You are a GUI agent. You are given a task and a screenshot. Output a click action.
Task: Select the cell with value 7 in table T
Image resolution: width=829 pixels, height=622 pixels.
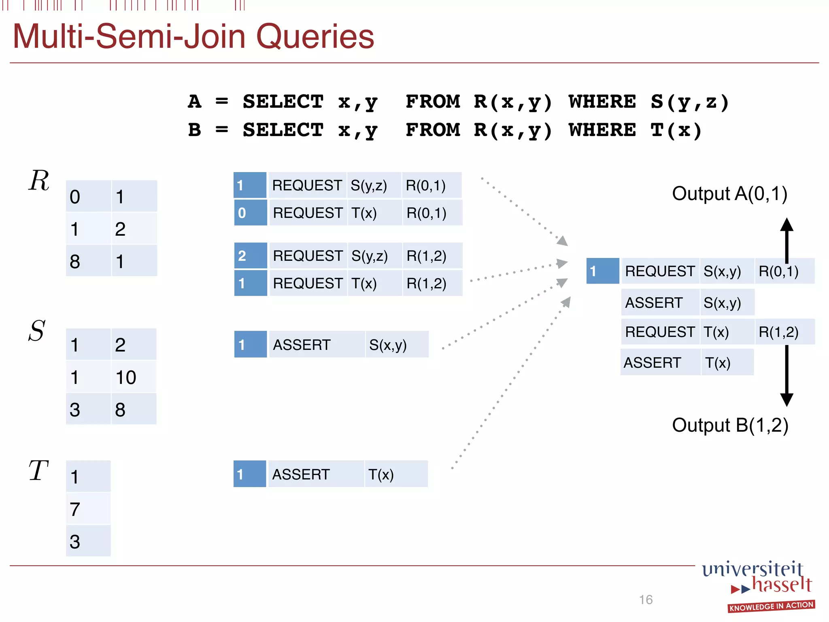(x=88, y=509)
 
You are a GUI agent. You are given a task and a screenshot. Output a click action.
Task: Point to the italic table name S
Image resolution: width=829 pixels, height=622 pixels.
(x=37, y=331)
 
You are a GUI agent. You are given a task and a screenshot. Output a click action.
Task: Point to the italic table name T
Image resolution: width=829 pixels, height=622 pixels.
(x=38, y=471)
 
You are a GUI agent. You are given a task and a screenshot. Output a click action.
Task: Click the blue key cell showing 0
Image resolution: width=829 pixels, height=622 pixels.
(x=250, y=213)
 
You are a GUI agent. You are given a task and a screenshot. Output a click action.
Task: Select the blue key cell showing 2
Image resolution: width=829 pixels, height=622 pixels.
(x=250, y=256)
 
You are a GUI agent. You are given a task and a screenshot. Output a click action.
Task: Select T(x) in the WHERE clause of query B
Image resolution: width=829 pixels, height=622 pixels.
(x=676, y=130)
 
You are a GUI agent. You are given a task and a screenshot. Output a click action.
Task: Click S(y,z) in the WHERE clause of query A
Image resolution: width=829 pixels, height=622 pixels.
(x=689, y=102)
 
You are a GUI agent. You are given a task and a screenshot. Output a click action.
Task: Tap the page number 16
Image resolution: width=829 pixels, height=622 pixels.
(x=646, y=599)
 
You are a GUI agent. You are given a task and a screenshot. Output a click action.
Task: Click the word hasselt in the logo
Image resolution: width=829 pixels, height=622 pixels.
(x=782, y=585)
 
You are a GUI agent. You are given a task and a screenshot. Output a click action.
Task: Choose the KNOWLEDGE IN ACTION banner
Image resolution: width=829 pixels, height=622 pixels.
(x=771, y=606)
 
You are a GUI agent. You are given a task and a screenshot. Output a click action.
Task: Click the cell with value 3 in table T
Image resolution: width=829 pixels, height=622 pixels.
(x=88, y=541)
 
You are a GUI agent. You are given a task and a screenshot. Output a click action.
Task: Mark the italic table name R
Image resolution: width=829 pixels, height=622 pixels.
(x=39, y=180)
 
